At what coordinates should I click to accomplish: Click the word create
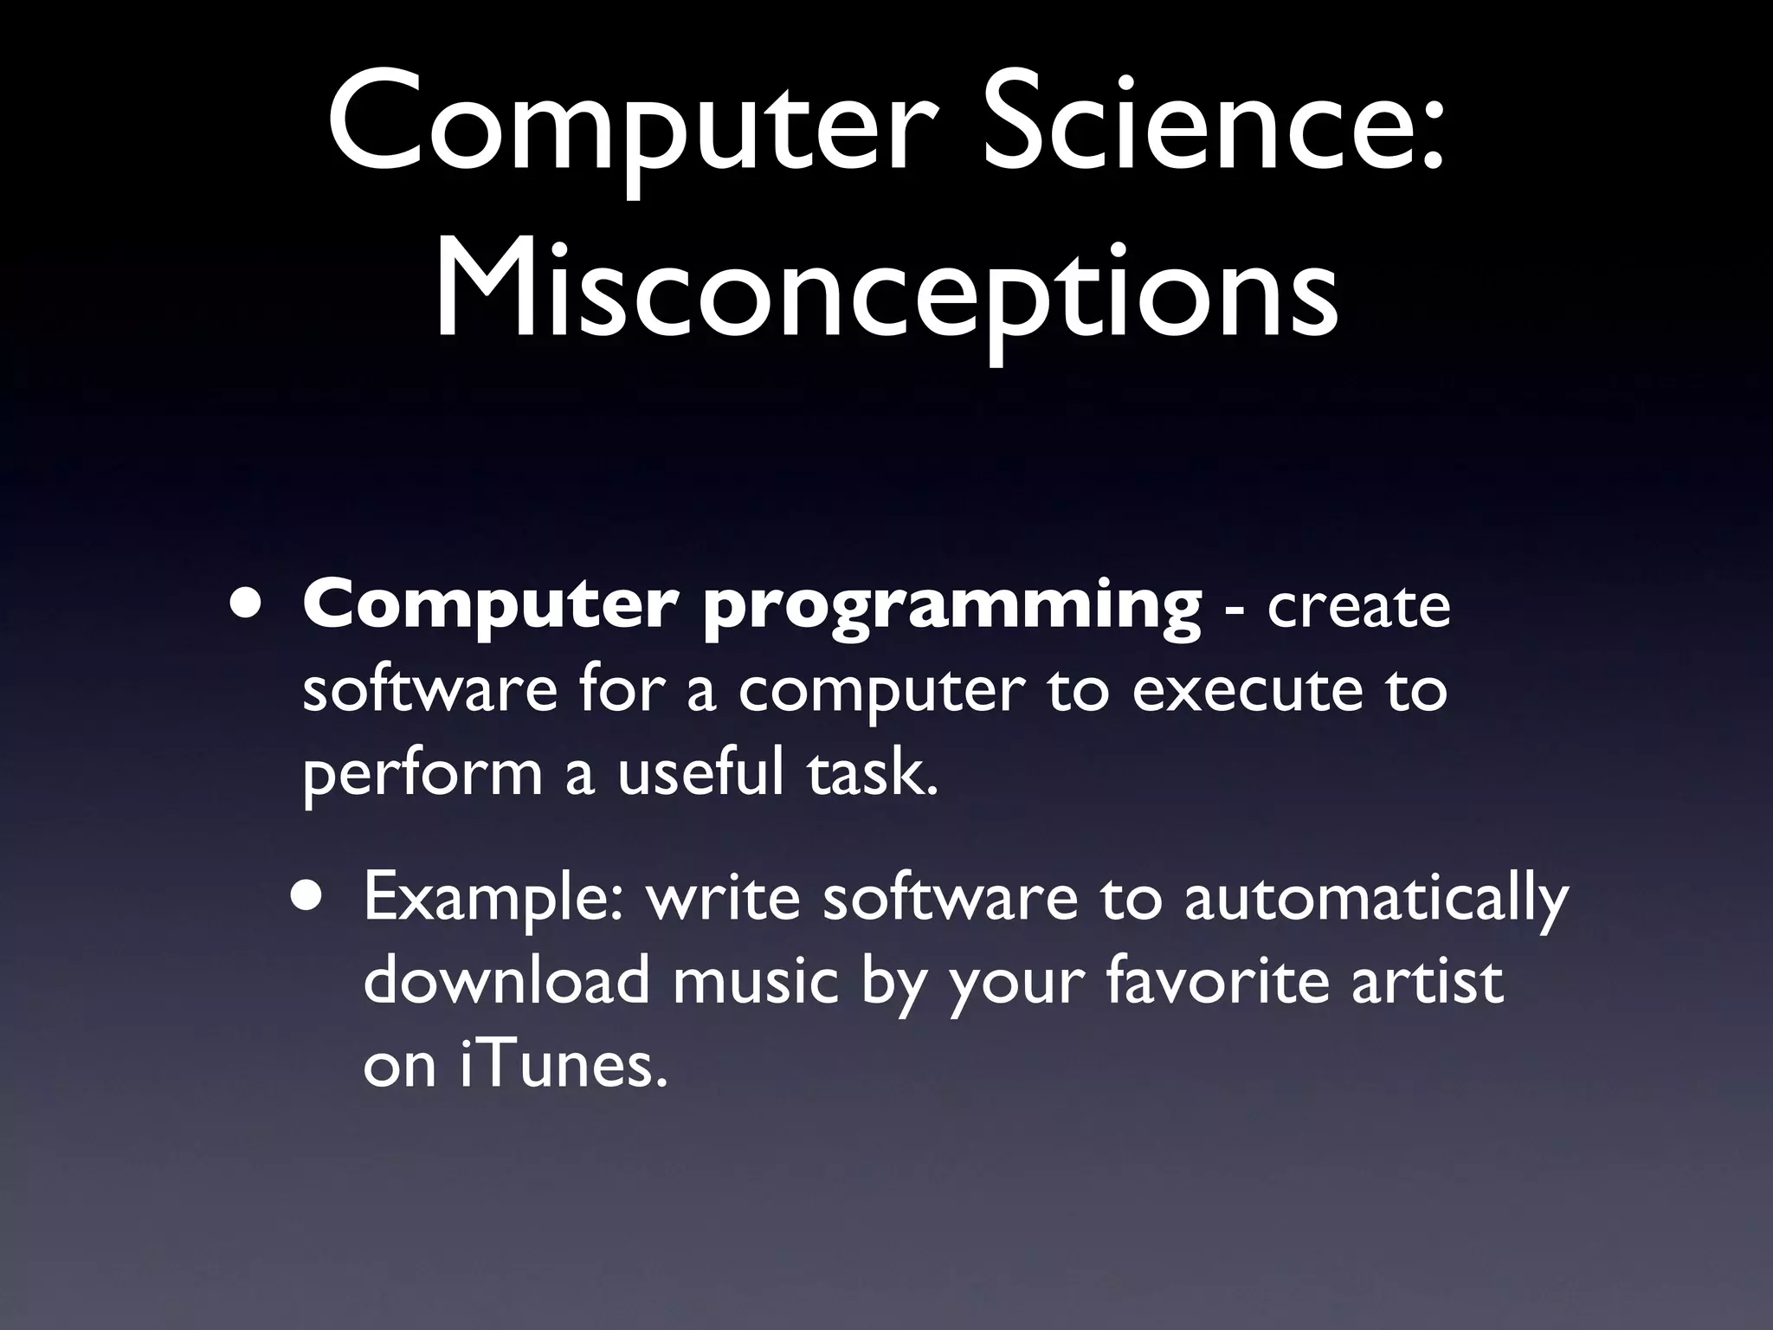[x=1358, y=606]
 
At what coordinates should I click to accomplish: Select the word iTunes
[x=564, y=1065]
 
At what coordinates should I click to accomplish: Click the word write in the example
[x=724, y=897]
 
